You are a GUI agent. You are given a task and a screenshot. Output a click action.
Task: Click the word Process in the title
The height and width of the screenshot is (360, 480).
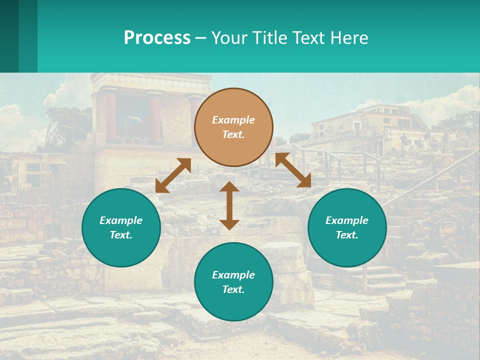[x=157, y=38]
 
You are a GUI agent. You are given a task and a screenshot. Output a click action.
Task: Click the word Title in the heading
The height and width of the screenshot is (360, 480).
[x=268, y=38]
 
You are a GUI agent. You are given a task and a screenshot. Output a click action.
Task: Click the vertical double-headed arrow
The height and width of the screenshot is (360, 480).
[x=229, y=205]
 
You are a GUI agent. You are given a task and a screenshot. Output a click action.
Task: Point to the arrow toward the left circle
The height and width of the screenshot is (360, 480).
[x=173, y=175]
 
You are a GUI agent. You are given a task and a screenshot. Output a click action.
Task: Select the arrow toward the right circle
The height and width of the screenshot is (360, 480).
[x=293, y=170]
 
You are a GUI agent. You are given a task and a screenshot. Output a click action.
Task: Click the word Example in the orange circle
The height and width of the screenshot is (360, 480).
[x=233, y=120]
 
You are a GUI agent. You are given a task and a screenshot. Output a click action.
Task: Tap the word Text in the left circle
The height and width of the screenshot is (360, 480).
[x=121, y=235]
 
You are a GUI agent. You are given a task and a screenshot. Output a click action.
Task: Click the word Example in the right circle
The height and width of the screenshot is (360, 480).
[x=347, y=220]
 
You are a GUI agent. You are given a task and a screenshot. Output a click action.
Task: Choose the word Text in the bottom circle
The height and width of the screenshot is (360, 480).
[x=233, y=289]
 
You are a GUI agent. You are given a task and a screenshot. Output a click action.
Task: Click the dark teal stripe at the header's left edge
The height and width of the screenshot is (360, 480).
[x=9, y=36]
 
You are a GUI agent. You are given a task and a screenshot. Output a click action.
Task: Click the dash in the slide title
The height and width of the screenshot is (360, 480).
[x=200, y=38]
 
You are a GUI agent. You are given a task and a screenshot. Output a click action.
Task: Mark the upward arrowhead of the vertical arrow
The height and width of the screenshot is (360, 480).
[x=229, y=187]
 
